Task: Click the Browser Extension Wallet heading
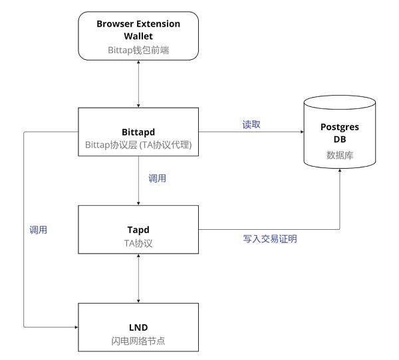138,30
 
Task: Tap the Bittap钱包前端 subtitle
138,50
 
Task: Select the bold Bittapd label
138,132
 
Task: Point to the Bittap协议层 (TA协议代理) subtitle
138,145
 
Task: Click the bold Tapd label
138,230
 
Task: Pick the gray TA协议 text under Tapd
138,243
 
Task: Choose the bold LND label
138,327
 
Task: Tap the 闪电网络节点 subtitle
138,341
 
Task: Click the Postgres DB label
340,133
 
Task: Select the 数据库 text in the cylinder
340,155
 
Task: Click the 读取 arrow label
251,124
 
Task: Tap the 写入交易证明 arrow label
270,238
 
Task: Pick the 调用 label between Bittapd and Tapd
157,178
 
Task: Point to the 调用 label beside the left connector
38,230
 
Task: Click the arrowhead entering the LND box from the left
76,327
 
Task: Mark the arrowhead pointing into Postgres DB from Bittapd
302,132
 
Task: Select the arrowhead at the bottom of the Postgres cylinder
340,171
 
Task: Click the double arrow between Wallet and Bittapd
138,84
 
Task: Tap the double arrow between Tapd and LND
138,278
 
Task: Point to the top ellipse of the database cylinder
340,96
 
